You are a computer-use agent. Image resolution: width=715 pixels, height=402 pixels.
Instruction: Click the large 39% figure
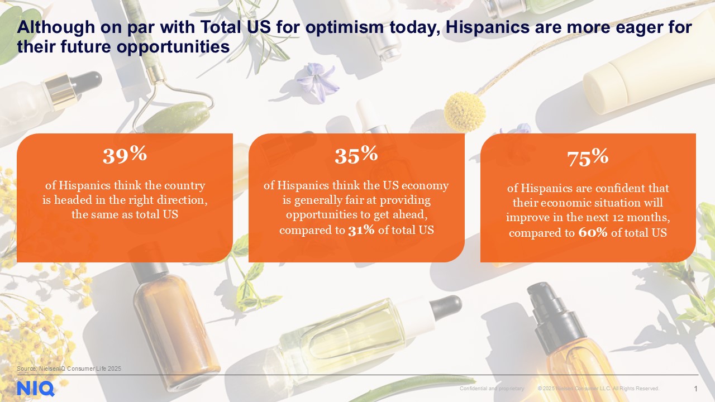(125, 155)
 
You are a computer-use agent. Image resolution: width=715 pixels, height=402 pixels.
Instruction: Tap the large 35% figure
(356, 155)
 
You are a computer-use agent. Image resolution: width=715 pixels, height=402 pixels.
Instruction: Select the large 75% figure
(588, 158)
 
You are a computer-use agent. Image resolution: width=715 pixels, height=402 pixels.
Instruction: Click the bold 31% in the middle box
(361, 230)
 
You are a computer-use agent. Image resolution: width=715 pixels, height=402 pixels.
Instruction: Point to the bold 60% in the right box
(593, 233)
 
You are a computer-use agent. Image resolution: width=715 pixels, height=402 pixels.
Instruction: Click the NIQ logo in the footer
(35, 388)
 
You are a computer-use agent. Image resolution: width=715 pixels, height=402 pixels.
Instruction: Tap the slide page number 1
(695, 389)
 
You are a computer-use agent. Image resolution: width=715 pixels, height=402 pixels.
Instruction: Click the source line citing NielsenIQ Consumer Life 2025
(69, 368)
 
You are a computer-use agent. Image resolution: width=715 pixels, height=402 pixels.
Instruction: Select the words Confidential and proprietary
(492, 389)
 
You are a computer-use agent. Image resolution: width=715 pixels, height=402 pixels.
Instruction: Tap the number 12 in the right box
(633, 218)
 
